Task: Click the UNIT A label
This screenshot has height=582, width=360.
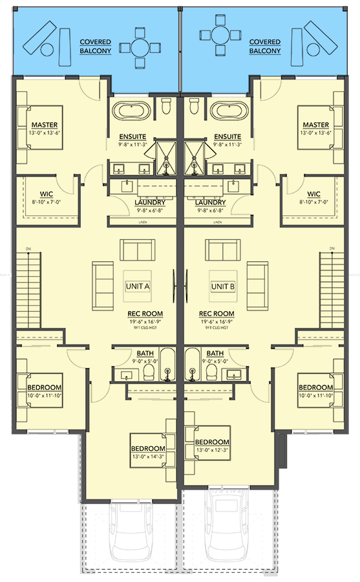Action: [137, 286]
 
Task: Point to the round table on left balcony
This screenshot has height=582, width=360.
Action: [141, 46]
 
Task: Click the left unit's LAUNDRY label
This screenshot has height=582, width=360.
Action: [134, 201]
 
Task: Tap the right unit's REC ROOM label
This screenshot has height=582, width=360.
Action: [215, 313]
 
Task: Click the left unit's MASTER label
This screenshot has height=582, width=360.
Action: [45, 125]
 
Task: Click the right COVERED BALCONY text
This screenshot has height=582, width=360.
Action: [265, 46]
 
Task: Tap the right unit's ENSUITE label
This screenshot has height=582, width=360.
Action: [228, 136]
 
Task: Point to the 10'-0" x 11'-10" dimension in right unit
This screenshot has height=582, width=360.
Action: [315, 395]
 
